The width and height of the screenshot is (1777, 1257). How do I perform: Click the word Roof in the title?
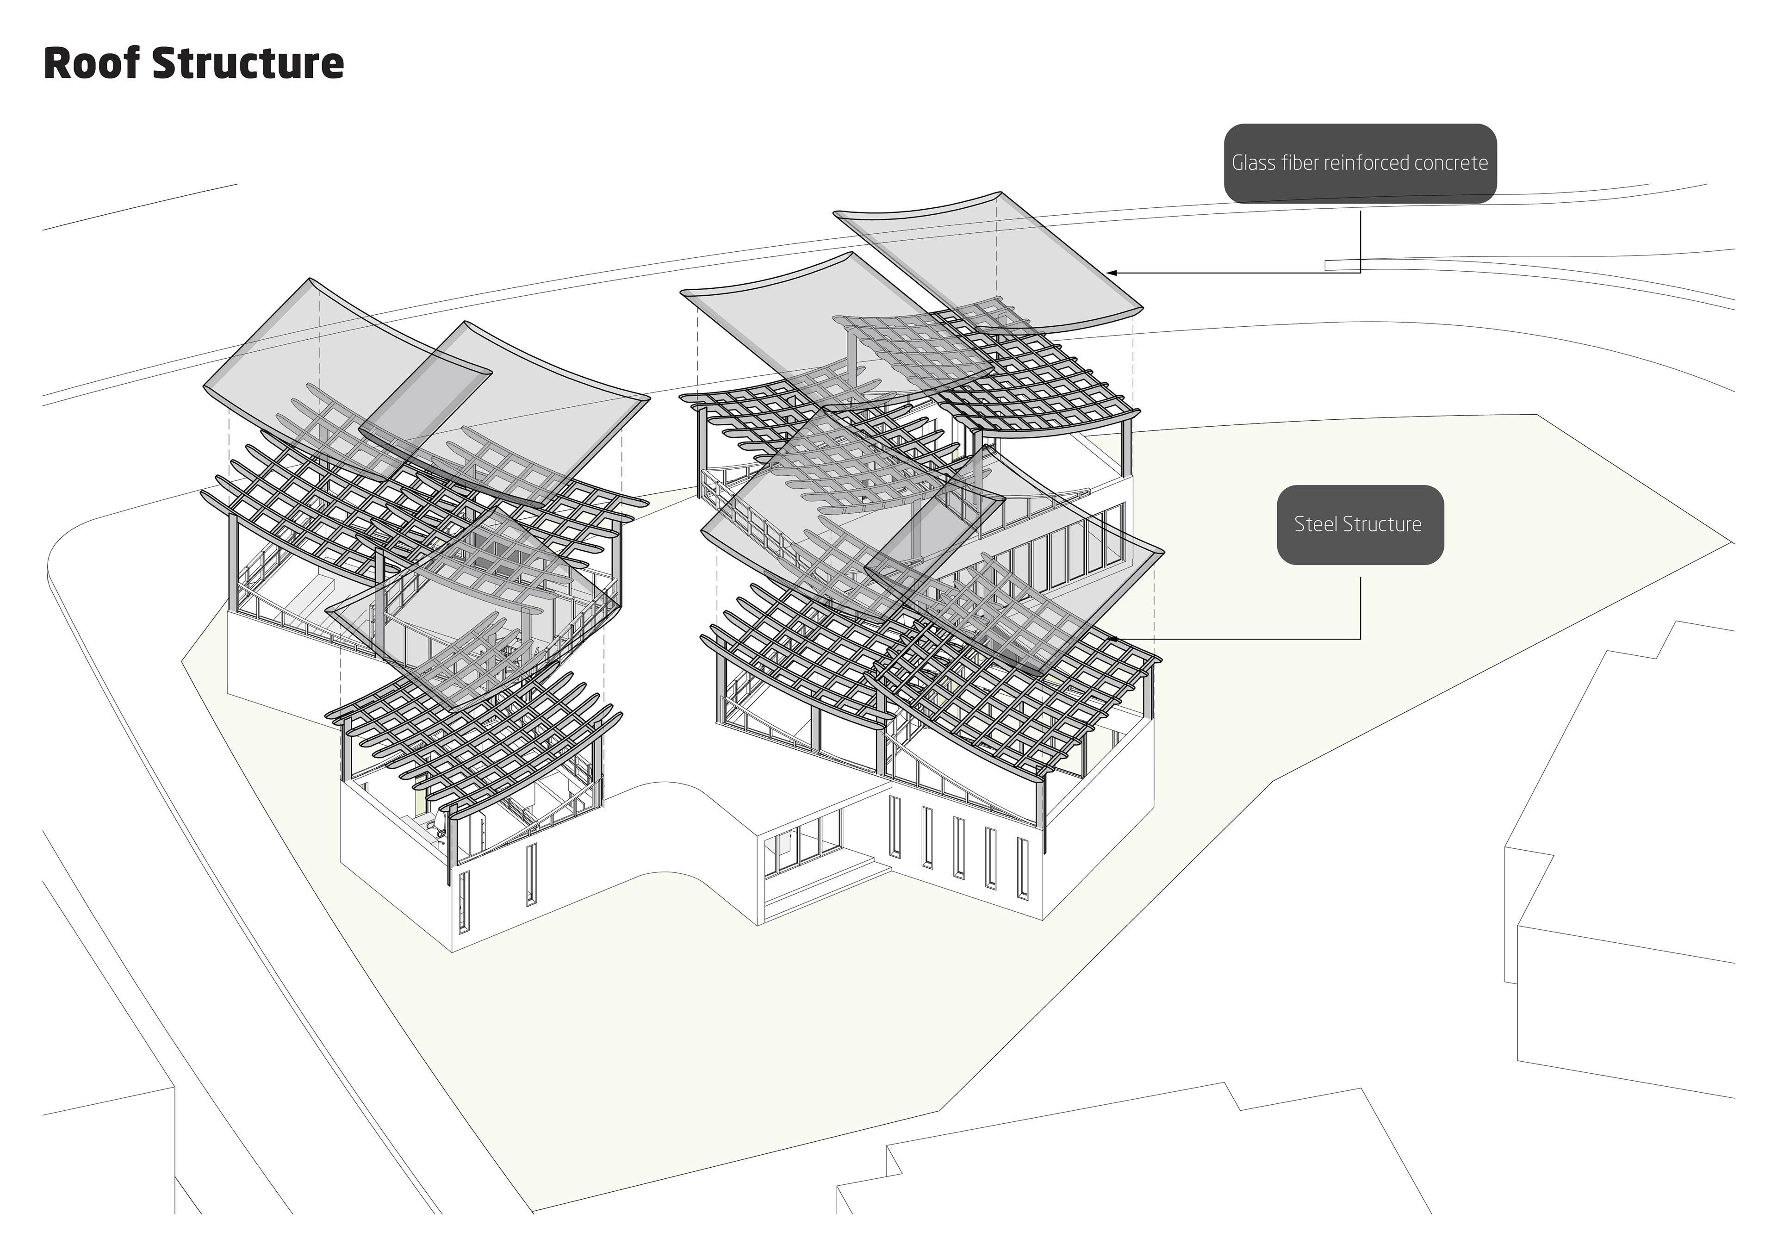[x=91, y=63]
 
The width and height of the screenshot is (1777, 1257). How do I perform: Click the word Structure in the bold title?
[x=248, y=63]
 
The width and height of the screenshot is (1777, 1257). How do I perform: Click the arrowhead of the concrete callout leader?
[x=1112, y=273]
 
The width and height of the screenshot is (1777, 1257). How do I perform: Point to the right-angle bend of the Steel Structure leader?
[x=1360, y=639]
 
